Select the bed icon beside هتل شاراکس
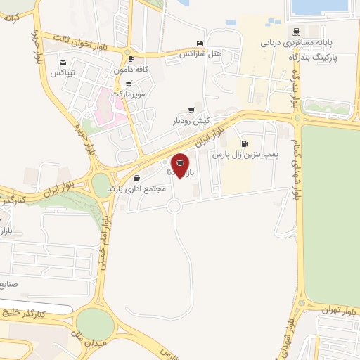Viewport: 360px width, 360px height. [x=200, y=43]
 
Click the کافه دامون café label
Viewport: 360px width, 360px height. [x=129, y=70]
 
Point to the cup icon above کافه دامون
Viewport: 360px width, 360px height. [x=131, y=60]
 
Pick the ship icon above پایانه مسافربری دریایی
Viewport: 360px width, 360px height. [x=296, y=32]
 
